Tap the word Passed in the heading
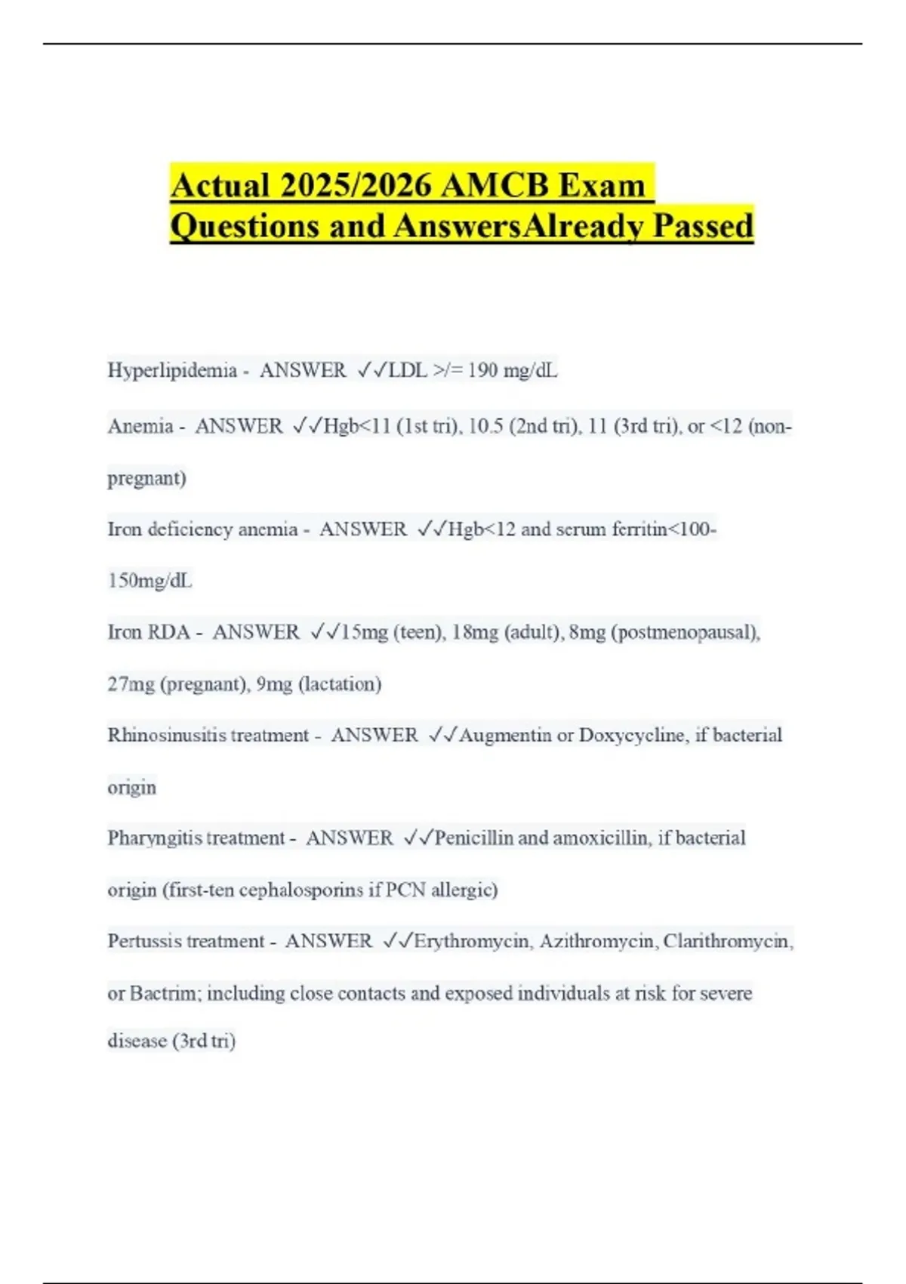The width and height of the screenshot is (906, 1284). coord(703,226)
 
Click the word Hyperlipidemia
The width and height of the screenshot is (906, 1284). coord(172,370)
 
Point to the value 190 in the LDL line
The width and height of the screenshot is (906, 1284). coord(482,370)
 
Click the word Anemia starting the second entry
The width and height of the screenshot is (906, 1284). coord(140,426)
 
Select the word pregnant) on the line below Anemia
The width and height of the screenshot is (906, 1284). coord(146,478)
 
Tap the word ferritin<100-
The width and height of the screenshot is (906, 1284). coord(664,529)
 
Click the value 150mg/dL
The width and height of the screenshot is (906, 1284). coord(149,581)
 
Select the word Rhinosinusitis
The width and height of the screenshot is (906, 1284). coord(166,735)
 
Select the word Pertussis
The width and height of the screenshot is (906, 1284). coord(144,941)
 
